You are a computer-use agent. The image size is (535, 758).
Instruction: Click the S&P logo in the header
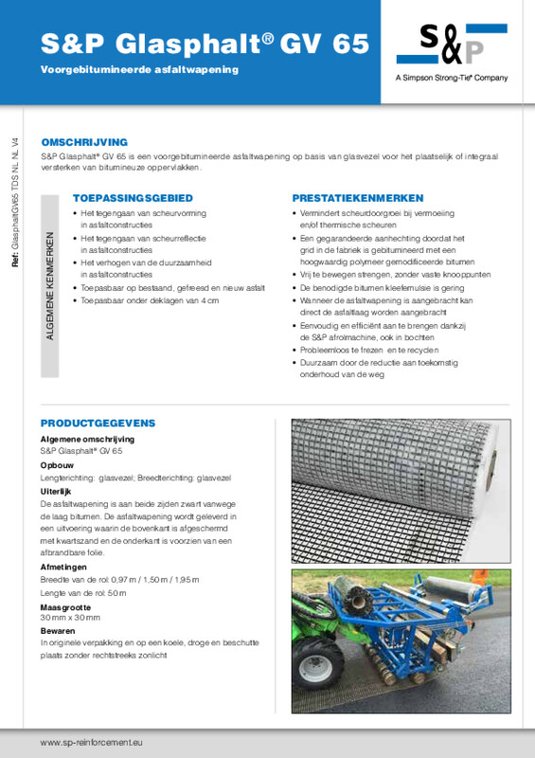coord(452,45)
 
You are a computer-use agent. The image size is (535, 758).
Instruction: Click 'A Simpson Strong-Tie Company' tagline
coord(452,78)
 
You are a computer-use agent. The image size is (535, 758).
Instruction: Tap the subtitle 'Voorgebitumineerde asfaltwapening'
coord(139,70)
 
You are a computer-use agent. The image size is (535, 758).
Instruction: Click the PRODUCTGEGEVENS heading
coord(98,423)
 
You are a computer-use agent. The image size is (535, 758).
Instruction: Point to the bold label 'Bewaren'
coord(59,631)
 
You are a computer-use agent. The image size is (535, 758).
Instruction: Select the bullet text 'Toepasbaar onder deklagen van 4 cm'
coord(150,300)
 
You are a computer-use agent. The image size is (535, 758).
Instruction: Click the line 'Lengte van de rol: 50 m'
coord(82,592)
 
